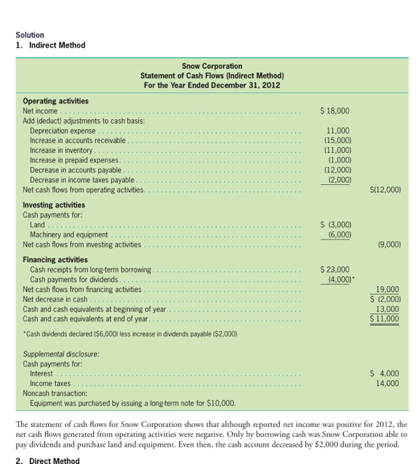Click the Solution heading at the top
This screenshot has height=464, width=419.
[x=30, y=34]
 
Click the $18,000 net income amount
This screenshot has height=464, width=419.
[x=335, y=111]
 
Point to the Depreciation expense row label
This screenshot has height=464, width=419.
[x=63, y=131]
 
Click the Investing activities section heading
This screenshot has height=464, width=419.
[x=54, y=205]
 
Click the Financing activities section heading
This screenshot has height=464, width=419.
[x=55, y=259]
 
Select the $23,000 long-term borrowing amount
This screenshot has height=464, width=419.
[x=335, y=270]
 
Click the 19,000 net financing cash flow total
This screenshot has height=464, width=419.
[x=387, y=290]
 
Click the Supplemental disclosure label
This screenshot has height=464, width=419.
[x=60, y=354]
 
